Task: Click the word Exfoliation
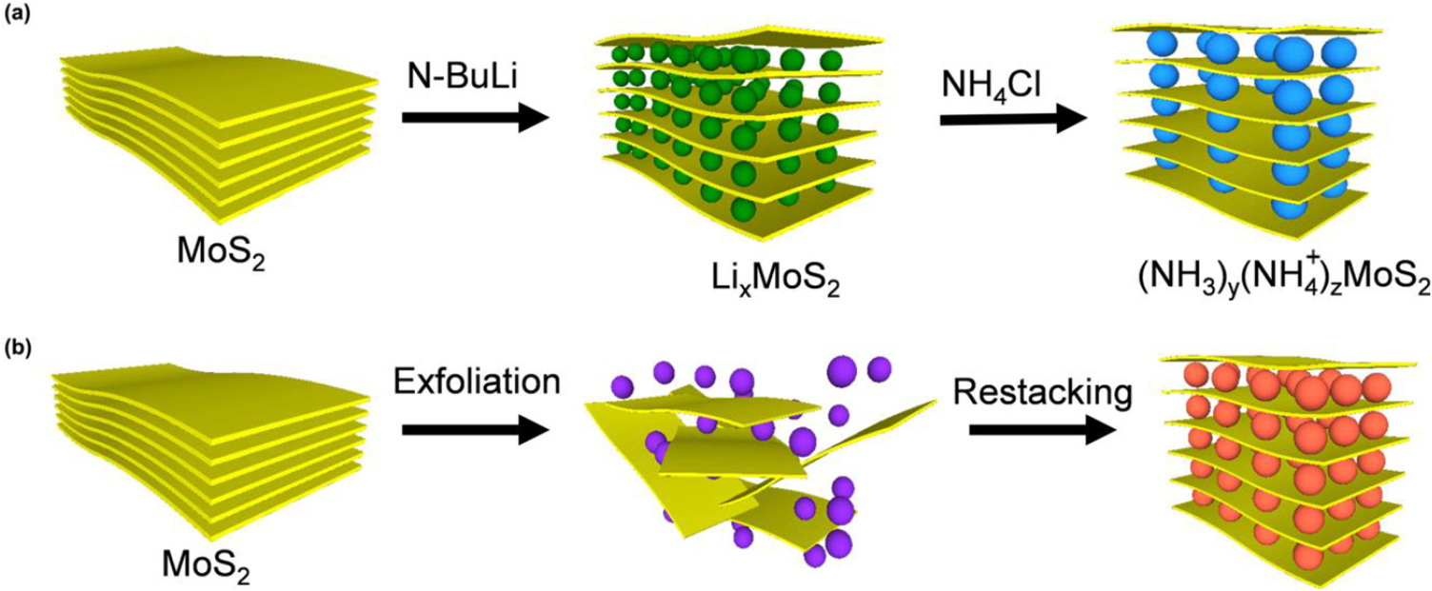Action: (475, 382)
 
